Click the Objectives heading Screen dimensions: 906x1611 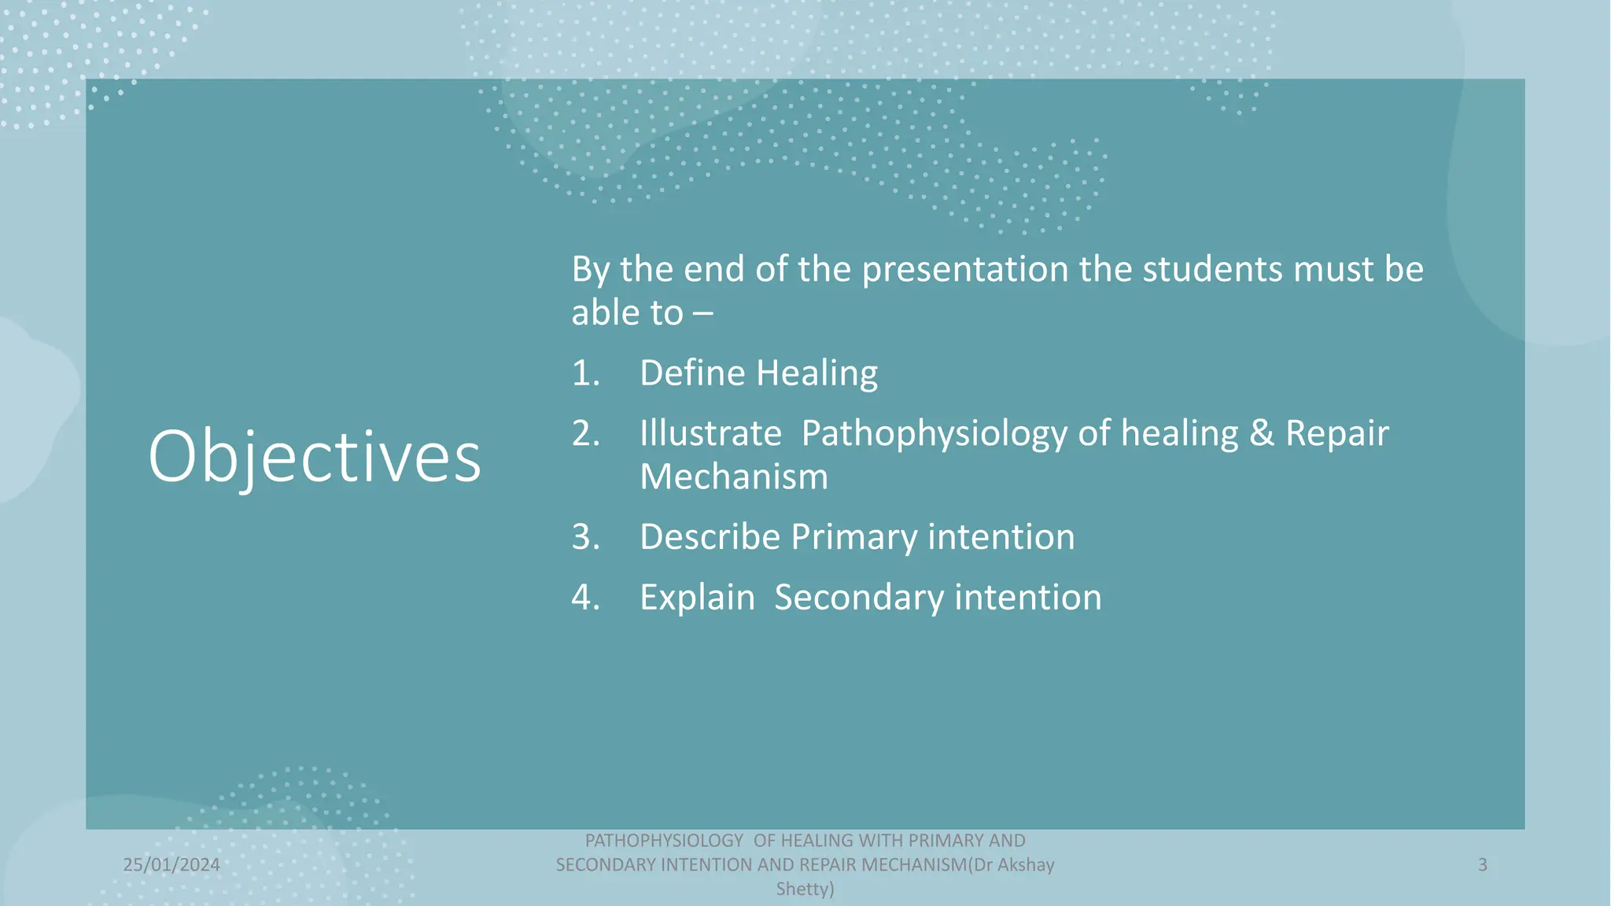point(314,457)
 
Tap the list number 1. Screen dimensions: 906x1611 point(584,373)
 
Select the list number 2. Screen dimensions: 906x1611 point(584,433)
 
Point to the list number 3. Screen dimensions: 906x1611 point(584,537)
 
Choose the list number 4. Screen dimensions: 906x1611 point(584,597)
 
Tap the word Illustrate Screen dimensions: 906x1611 point(710,433)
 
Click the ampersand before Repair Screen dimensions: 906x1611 point(1261,433)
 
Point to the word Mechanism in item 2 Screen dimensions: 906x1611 point(733,477)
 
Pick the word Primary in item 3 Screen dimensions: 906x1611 point(853,537)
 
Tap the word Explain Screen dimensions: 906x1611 point(697,597)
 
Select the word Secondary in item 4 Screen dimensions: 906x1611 point(859,597)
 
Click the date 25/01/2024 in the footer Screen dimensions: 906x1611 point(171,865)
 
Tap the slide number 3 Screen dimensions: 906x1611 point(1482,865)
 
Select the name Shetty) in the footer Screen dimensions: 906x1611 point(805,889)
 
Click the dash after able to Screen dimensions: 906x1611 point(702,314)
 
